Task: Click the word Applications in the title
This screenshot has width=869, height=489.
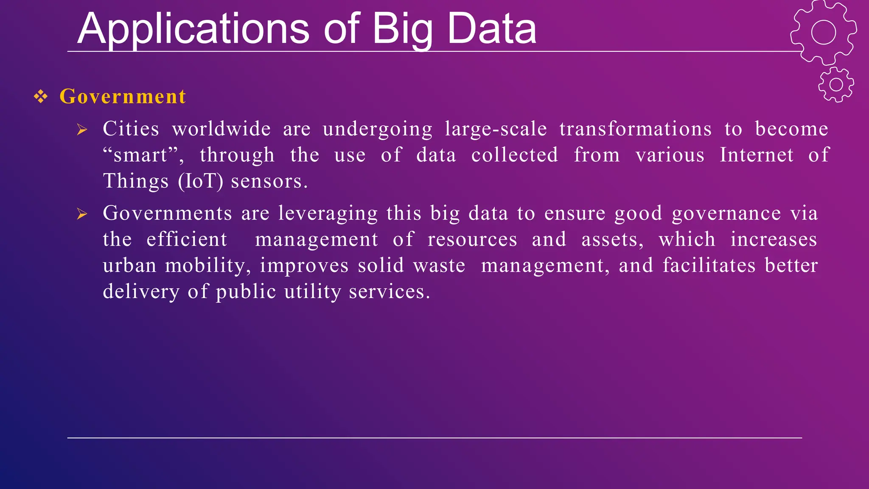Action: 193,29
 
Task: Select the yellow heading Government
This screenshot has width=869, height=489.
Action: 123,96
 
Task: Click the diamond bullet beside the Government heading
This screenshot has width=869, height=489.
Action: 41,97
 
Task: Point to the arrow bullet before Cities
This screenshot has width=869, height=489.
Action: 82,130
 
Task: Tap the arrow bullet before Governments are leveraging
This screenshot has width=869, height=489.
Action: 82,214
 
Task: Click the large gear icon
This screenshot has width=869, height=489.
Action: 823,32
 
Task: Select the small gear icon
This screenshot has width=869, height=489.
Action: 836,84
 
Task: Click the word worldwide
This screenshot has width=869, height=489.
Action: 221,129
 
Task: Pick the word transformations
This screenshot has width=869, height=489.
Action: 635,129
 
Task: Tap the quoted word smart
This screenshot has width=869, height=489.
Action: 143,155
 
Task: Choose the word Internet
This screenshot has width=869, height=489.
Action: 756,155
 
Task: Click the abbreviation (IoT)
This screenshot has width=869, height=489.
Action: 201,181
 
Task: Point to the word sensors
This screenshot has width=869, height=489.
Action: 269,181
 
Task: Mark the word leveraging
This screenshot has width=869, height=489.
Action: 328,213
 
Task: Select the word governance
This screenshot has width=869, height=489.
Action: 726,213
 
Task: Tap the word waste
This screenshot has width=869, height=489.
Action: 439,266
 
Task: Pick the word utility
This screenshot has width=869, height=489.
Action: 312,292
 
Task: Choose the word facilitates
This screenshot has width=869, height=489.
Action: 709,266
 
